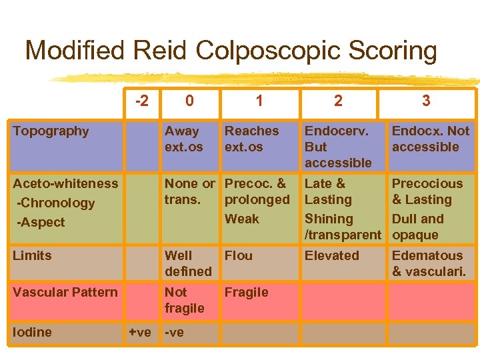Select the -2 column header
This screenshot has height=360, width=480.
pyautogui.click(x=141, y=101)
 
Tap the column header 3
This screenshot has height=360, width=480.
pyautogui.click(x=426, y=101)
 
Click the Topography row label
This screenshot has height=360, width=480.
pyautogui.click(x=51, y=131)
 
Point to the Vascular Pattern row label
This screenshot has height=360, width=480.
pyautogui.click(x=65, y=292)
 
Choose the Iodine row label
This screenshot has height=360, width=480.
pyautogui.click(x=32, y=332)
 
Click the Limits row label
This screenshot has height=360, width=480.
pyautogui.click(x=32, y=255)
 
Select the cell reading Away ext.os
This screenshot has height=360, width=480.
pyautogui.click(x=182, y=139)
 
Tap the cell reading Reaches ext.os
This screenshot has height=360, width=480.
pyautogui.click(x=252, y=139)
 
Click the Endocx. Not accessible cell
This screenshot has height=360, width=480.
pyautogui.click(x=431, y=139)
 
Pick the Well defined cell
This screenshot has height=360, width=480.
pyautogui.click(x=188, y=263)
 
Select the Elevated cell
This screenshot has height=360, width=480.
pyautogui.click(x=332, y=255)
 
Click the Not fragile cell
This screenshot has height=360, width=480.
pyautogui.click(x=185, y=300)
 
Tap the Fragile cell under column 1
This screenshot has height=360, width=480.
pyautogui.click(x=247, y=292)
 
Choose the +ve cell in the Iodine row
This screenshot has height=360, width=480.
pyautogui.click(x=139, y=332)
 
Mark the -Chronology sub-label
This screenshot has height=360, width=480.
pyautogui.click(x=56, y=203)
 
